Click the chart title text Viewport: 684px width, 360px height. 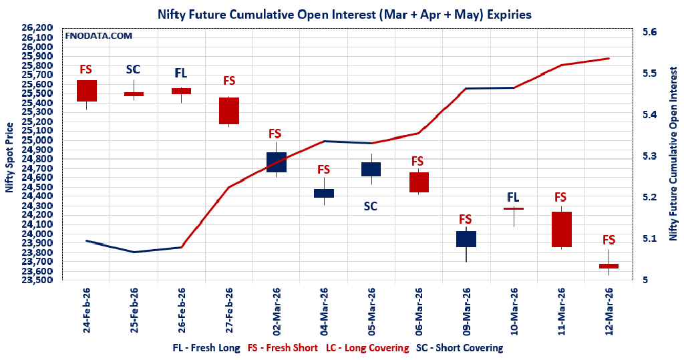point(345,13)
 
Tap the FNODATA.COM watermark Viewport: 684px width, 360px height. point(98,35)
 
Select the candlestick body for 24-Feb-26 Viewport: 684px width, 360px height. point(87,91)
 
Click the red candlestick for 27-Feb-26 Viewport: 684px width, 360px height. point(229,111)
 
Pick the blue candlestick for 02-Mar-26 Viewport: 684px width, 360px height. point(276,162)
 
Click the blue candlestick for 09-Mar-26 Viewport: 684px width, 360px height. point(466,239)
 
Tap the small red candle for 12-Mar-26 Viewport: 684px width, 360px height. point(609,266)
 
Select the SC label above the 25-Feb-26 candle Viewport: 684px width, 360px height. point(134,69)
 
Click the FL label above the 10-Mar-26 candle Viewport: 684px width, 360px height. point(513,197)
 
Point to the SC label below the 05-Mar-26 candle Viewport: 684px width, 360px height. point(371,206)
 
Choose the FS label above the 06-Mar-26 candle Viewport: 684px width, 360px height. point(417,161)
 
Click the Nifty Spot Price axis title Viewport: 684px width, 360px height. point(9,158)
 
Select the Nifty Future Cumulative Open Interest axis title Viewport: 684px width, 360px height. point(674,156)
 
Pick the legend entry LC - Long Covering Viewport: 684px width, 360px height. point(367,348)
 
